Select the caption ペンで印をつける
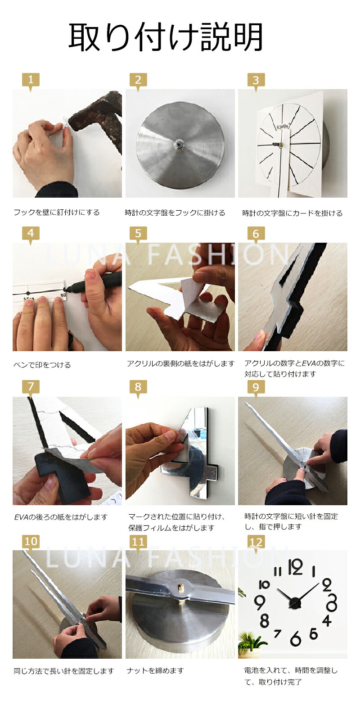click(x=42, y=365)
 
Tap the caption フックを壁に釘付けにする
click(x=57, y=213)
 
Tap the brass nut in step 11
click(x=181, y=589)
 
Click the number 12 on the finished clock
click(x=296, y=568)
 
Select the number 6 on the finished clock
click(x=296, y=638)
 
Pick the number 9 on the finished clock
click(x=259, y=603)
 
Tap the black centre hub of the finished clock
click(x=296, y=602)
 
